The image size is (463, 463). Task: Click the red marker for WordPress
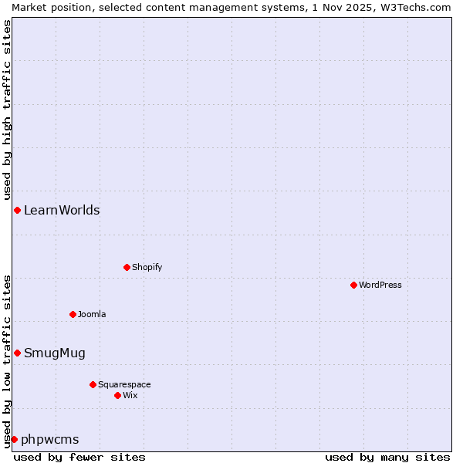point(353,285)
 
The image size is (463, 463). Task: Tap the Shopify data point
point(127,267)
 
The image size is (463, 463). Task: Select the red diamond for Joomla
point(73,314)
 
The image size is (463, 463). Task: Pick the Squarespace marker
point(93,384)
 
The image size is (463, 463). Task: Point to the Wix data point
point(117,395)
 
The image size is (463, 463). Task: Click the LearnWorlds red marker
point(17,210)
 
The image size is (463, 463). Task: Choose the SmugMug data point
point(17,353)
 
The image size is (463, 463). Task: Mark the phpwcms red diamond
point(14,439)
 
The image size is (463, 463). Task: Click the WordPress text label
point(380,285)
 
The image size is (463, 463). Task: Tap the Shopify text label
point(147,267)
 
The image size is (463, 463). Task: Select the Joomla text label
point(92,314)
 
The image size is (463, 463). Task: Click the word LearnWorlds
point(62,210)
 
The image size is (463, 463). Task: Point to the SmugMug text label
point(55,353)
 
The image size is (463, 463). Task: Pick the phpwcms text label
point(50,440)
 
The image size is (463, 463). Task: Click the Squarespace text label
point(124,384)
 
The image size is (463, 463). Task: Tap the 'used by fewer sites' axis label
point(79,457)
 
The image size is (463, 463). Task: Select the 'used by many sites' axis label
point(387,457)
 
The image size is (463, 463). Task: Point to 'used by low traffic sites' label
point(8,361)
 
